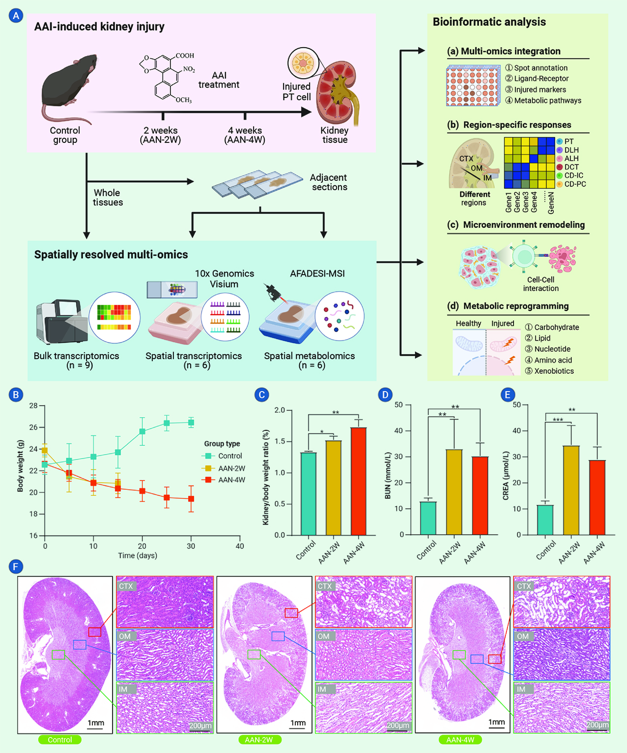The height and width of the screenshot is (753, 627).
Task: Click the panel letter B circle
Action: [16, 395]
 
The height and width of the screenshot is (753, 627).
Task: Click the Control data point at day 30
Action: [191, 423]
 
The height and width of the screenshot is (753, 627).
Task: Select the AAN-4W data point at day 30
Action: [191, 499]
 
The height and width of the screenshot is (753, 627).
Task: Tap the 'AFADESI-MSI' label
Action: [317, 274]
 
